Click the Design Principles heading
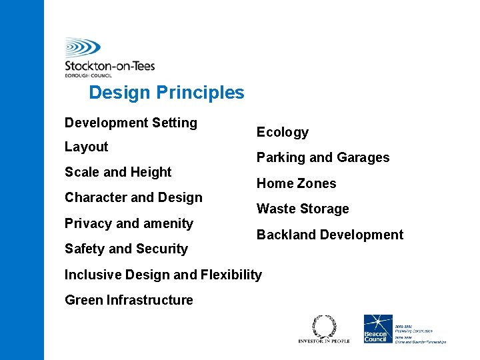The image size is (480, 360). (167, 93)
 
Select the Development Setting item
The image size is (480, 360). (131, 123)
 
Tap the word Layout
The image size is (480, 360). (86, 147)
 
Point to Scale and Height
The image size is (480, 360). (118, 172)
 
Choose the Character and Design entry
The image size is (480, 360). (133, 197)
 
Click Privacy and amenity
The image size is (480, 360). (129, 223)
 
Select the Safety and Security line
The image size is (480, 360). (126, 249)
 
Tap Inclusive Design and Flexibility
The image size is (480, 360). (163, 275)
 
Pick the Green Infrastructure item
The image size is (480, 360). (129, 300)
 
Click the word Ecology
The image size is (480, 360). (283, 132)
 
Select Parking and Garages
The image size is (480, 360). (323, 158)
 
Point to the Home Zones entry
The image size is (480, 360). (296, 183)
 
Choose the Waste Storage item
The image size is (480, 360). (303, 209)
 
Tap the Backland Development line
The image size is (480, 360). (330, 235)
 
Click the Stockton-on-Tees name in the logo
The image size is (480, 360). (109, 65)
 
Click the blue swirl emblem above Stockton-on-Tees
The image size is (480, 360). (83, 47)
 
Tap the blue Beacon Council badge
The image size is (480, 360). (375, 329)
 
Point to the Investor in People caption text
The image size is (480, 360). (323, 341)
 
